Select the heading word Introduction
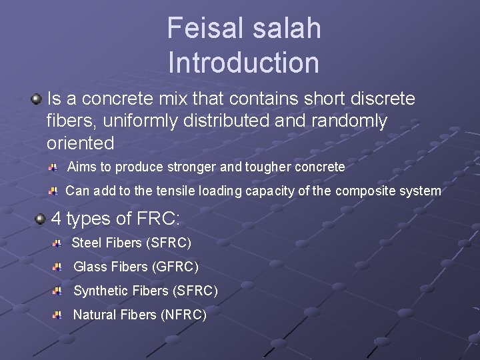click(x=243, y=63)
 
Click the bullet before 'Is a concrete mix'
click(x=36, y=99)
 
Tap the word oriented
click(x=80, y=143)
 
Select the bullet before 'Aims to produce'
click(x=52, y=165)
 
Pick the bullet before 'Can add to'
click(x=53, y=191)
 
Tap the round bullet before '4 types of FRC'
click(x=40, y=219)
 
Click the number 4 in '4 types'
click(x=57, y=219)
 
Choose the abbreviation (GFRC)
click(x=175, y=267)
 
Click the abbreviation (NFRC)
click(x=184, y=314)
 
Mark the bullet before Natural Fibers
click(x=57, y=314)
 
